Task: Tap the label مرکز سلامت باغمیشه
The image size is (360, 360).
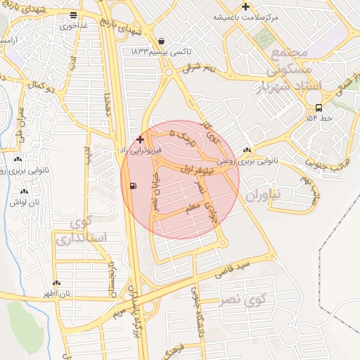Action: tap(281, 16)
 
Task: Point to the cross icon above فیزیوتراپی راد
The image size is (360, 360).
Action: tap(140, 139)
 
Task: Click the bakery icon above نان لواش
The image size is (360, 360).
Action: tap(25, 191)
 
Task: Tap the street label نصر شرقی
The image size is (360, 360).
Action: tap(199, 69)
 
